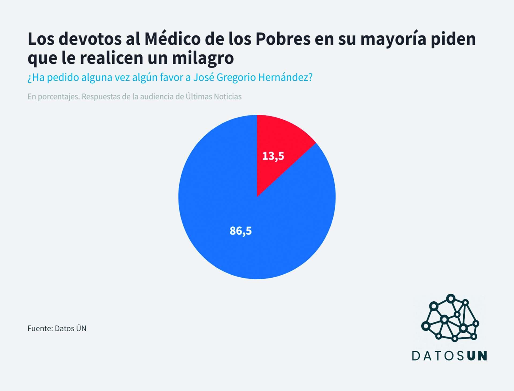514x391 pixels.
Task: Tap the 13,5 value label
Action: point(273,156)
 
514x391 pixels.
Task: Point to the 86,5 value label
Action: point(241,231)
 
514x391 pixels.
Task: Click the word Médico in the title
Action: point(172,39)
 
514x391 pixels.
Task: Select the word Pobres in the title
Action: point(283,39)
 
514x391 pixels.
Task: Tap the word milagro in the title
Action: point(203,58)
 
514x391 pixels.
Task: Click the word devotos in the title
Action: point(90,39)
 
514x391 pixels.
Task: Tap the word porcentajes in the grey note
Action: point(58,97)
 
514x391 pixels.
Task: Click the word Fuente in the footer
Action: point(40,328)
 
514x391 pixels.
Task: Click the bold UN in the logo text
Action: point(477,356)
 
